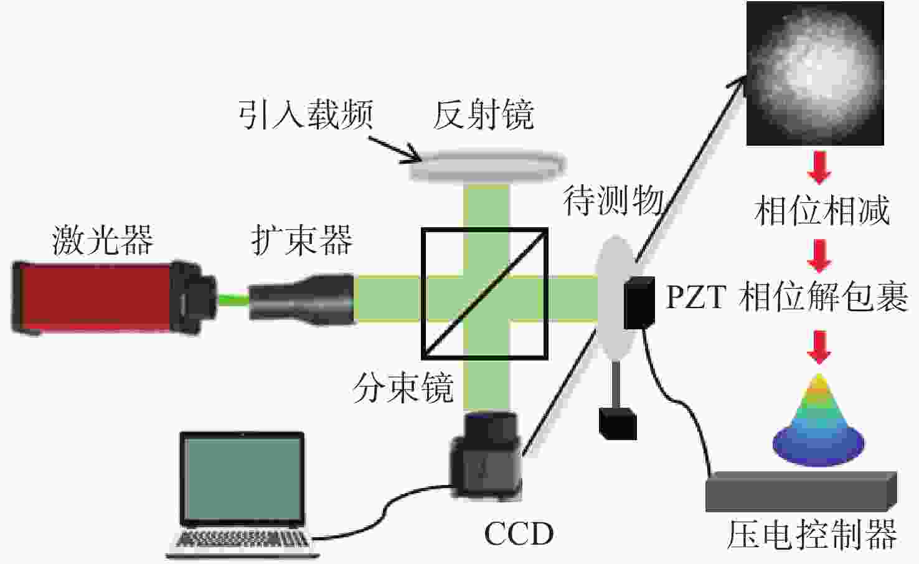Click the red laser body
coord(92,298)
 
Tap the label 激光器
coord(103,240)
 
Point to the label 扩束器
coord(303,240)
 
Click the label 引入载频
coord(306,115)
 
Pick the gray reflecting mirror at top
coord(488,166)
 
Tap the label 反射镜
coord(484,115)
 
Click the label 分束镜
coord(403,388)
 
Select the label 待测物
coord(613,200)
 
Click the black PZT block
coord(639,303)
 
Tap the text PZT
coord(696,297)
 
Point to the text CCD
coord(519,533)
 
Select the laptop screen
coord(242,479)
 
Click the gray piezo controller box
coord(801,491)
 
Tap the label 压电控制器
coord(813,535)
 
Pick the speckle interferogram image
coord(815,73)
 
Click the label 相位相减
coord(822,210)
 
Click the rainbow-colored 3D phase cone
coord(819,420)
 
